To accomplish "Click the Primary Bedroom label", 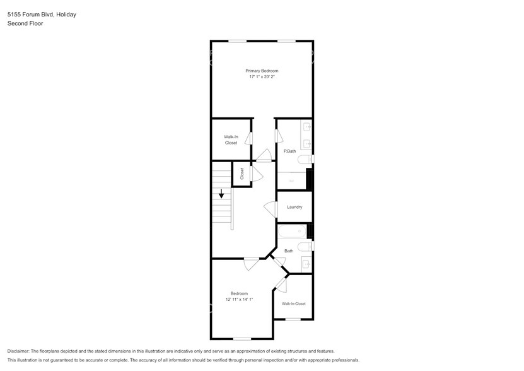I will tap(262, 71).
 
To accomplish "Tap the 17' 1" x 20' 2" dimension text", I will tap(262, 77).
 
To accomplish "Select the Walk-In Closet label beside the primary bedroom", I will tap(231, 139).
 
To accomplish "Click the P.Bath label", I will tap(289, 151).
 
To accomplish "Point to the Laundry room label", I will tap(294, 207).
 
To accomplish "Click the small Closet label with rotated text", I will tap(242, 174).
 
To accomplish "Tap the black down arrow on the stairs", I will tap(221, 194).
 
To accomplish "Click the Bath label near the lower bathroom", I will tap(289, 251).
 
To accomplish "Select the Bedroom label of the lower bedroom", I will tap(239, 293).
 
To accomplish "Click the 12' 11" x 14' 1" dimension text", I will tap(239, 300).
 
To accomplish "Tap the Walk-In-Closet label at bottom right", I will tap(293, 303).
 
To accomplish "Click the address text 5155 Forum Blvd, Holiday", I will tap(42, 14).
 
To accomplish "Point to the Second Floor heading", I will tap(25, 23).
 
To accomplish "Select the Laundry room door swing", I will tap(270, 209).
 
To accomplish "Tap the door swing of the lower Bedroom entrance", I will tap(252, 264).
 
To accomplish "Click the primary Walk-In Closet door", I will tap(250, 139).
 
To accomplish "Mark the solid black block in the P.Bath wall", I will tap(310, 179).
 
